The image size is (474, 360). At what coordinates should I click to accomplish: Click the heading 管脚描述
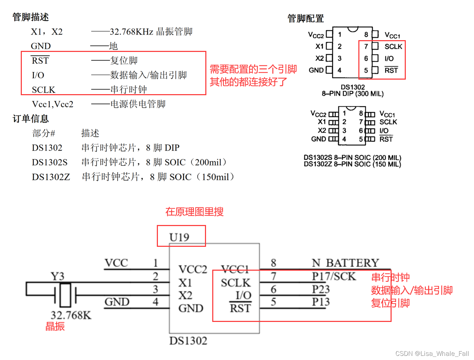coord(30,17)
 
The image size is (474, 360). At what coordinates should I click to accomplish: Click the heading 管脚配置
coord(305,18)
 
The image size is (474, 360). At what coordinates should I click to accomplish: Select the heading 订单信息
coord(30,119)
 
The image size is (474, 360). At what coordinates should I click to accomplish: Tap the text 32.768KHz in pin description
coord(131,32)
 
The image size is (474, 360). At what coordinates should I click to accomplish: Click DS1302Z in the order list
coord(51,177)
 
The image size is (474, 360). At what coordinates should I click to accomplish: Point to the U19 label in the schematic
coord(179,237)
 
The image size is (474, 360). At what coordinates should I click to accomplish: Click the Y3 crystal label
coord(57,276)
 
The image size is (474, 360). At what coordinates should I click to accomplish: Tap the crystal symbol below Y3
coord(65,295)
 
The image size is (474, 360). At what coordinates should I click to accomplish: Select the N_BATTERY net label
coord(345,263)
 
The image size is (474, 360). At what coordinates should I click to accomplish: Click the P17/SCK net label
coord(334,276)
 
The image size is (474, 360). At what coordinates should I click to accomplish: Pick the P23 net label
coord(321,289)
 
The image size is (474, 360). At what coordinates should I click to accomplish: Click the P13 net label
coord(321,302)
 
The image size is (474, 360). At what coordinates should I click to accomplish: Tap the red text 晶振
coord(55,326)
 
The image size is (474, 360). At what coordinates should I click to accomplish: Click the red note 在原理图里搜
coord(194,211)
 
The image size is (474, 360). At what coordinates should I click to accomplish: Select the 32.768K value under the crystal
coord(71,315)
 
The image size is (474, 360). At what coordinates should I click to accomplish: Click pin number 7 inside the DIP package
coord(366,46)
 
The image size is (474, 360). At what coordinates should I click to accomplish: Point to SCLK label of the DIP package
coord(393,46)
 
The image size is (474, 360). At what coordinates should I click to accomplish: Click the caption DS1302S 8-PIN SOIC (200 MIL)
coord(352,157)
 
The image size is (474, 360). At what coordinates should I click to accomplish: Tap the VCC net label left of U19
coord(116,263)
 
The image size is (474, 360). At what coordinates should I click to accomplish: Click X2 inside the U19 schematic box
coord(185,295)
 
